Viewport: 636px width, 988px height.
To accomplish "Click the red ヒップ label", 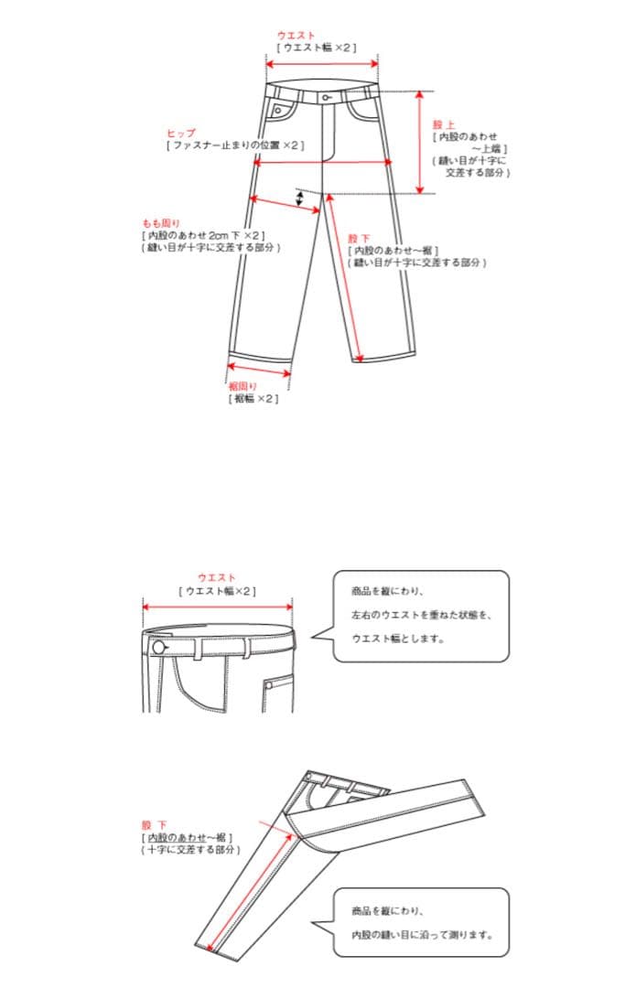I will (180, 133).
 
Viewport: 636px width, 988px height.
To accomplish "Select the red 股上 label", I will (444, 123).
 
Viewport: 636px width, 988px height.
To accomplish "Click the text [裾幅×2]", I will (253, 399).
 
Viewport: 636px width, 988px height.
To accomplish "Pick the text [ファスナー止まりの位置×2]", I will (235, 145).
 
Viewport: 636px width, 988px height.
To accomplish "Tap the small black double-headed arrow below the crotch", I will (299, 199).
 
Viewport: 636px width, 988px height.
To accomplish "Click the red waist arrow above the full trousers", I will (322, 63).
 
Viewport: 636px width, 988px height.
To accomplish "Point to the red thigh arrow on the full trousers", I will (286, 205).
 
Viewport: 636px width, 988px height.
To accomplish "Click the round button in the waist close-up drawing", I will (159, 648).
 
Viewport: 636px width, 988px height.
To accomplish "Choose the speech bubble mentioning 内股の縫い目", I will (420, 922).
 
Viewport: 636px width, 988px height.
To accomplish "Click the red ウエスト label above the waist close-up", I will (217, 578).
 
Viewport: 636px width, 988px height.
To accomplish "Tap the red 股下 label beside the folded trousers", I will (154, 825).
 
